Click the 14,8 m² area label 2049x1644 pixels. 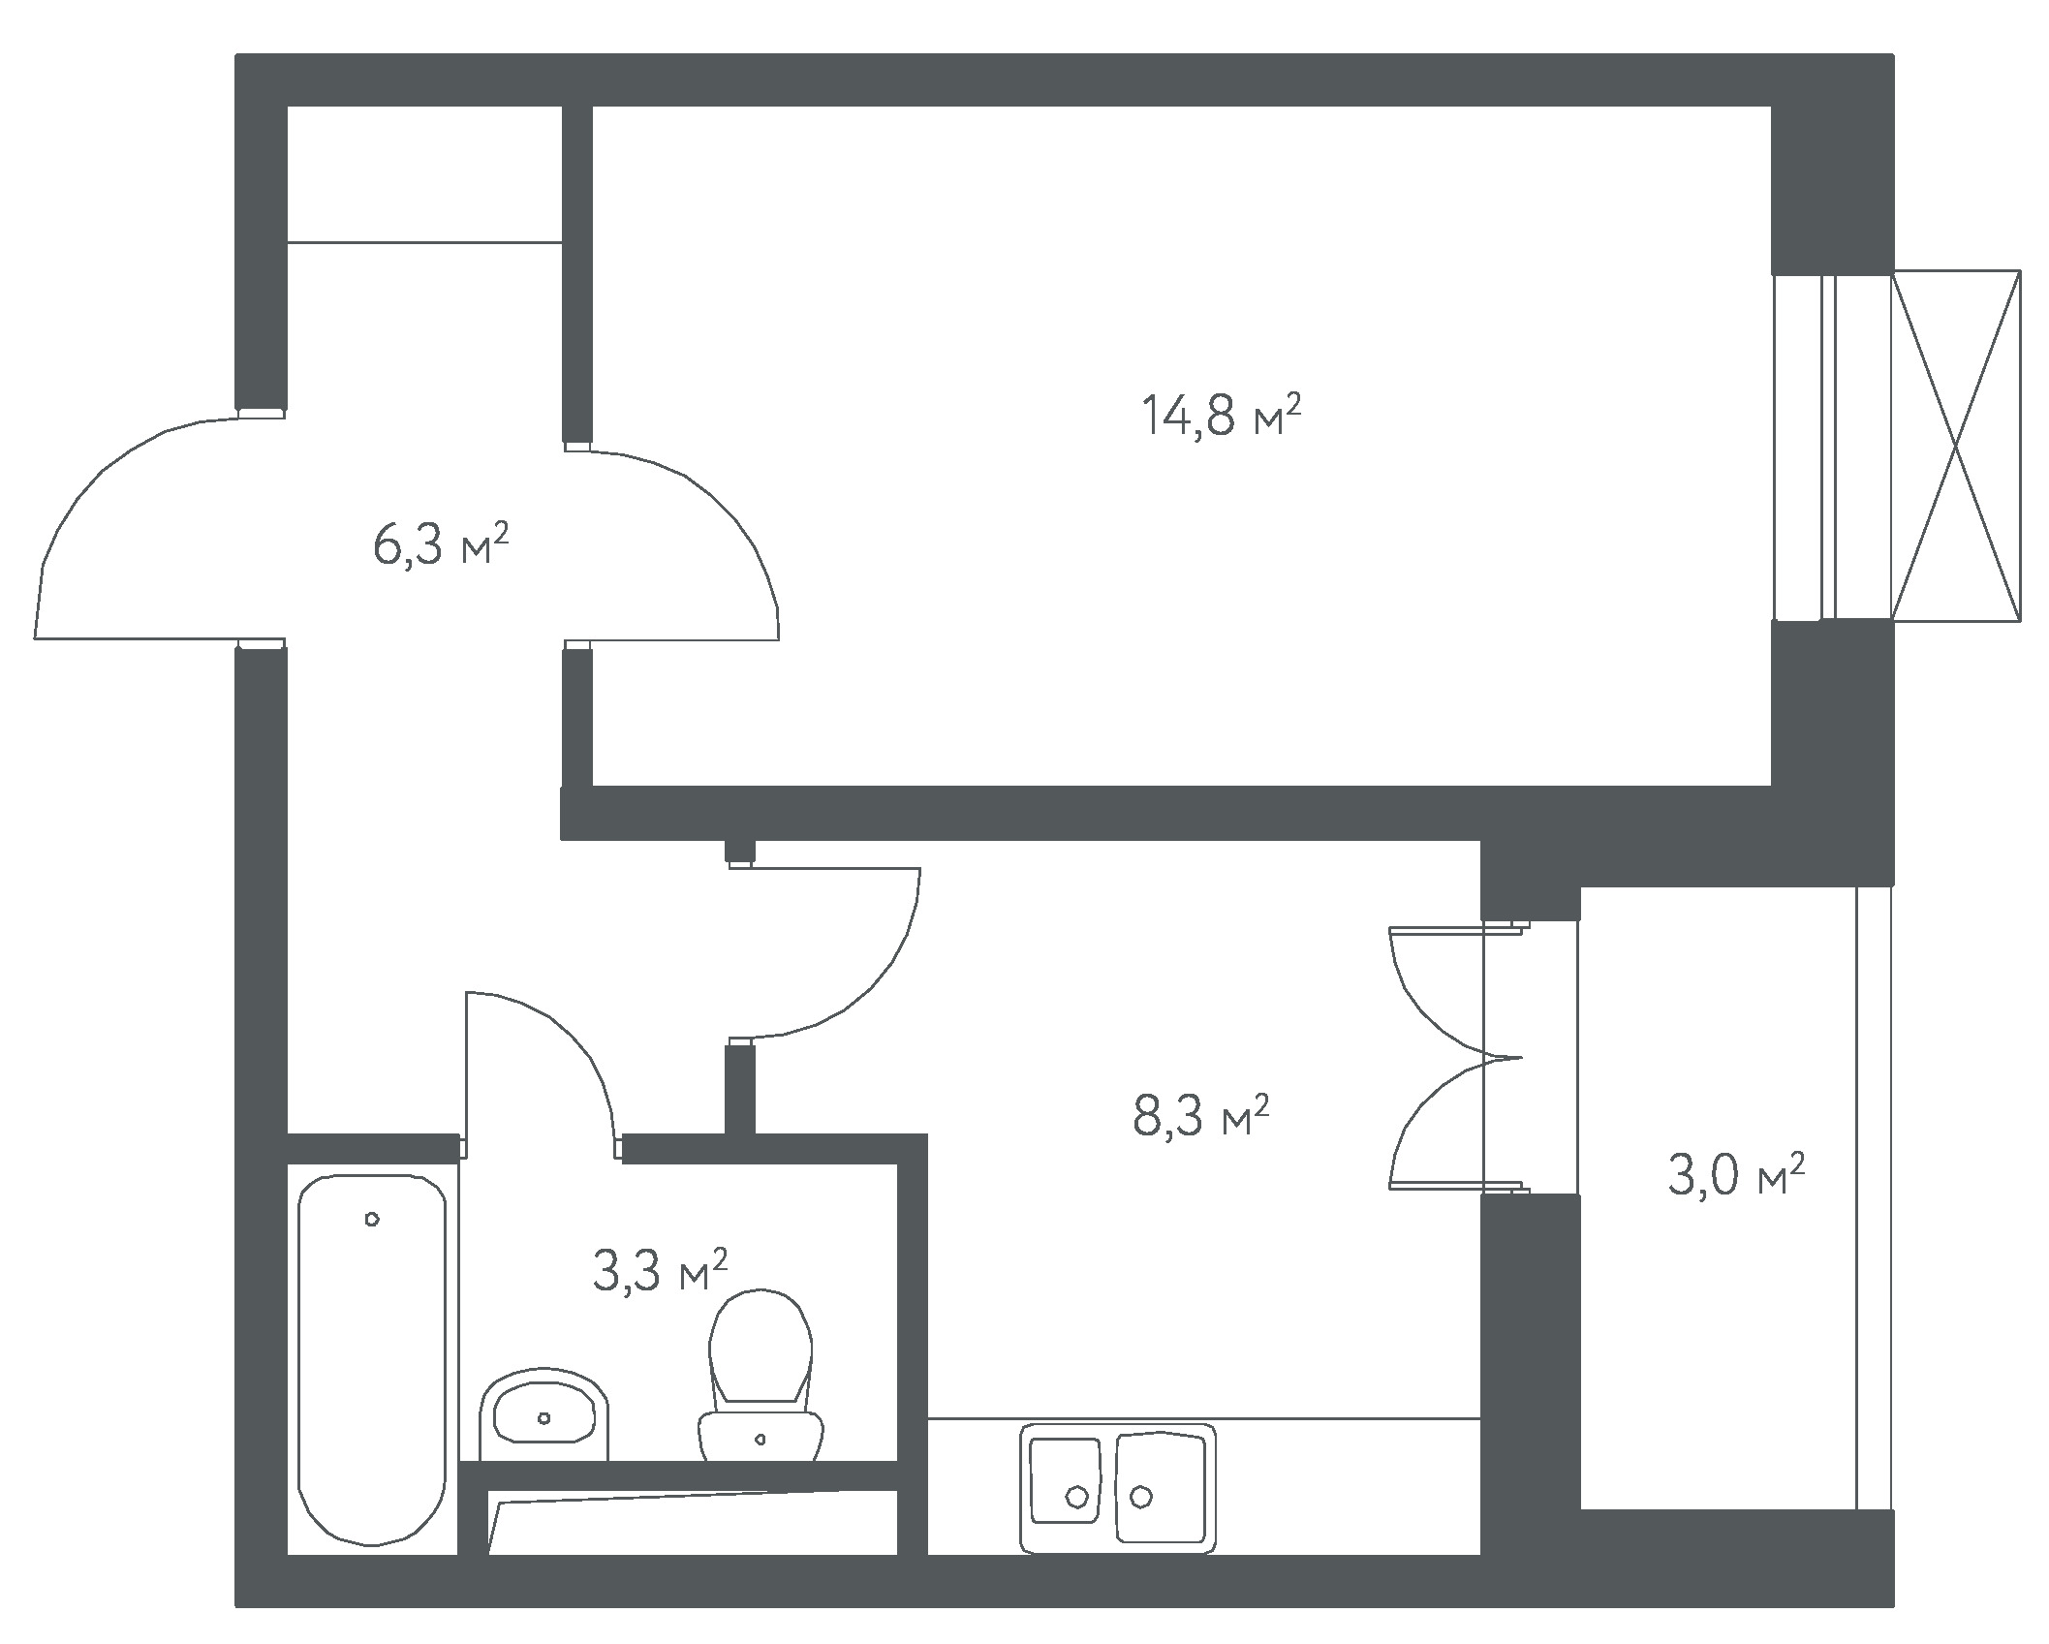(1221, 416)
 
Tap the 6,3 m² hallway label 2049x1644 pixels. (441, 544)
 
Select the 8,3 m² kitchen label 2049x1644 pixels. (1200, 1116)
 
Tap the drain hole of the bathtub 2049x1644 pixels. (372, 1220)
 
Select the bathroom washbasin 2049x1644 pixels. (543, 1414)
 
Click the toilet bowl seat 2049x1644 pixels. (761, 1348)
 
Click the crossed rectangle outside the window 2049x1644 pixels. (1956, 446)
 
